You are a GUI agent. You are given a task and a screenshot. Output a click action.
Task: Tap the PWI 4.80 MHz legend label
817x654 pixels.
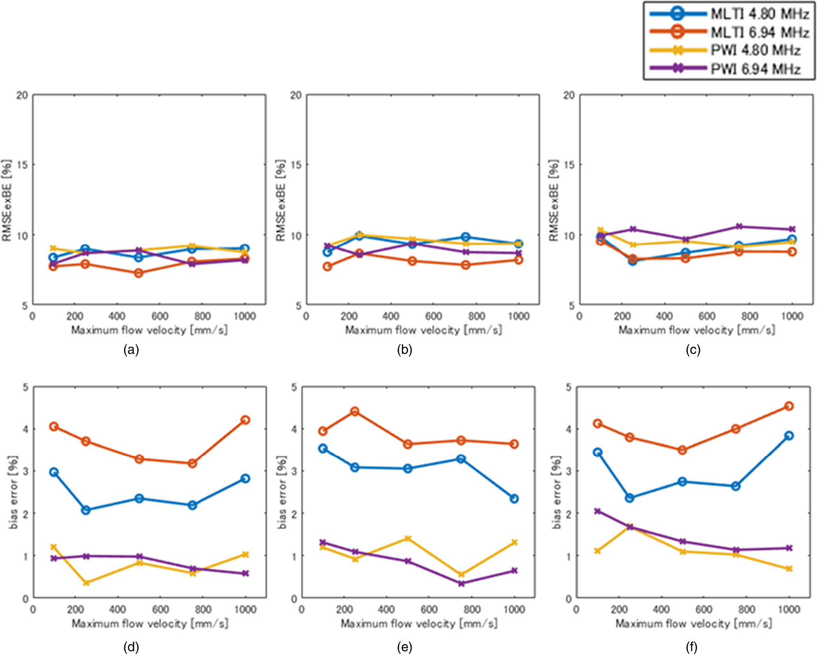755,50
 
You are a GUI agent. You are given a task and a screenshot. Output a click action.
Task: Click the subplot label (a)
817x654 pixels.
131,350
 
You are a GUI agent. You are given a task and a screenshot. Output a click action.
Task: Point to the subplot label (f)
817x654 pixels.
691,647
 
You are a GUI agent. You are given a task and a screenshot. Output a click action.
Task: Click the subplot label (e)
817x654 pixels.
404,647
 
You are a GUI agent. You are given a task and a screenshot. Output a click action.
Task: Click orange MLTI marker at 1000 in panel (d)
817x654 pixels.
245,420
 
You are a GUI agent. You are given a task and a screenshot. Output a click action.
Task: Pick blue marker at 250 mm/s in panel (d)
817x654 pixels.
86,510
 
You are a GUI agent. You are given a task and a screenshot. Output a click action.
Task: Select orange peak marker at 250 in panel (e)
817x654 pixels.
355,411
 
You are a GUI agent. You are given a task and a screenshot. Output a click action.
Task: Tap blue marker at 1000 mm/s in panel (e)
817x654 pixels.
514,498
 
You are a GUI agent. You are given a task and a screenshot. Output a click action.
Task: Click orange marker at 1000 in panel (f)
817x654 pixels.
789,406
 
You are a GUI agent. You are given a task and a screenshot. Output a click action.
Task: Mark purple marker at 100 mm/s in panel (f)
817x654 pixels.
597,511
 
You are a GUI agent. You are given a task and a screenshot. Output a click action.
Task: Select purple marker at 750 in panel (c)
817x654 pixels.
739,226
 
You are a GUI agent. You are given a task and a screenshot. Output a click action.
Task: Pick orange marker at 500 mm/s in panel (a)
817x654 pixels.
138,273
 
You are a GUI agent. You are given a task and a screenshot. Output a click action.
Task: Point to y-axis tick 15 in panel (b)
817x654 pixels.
296,165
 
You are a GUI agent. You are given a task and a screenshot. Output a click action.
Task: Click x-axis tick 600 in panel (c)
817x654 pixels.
707,316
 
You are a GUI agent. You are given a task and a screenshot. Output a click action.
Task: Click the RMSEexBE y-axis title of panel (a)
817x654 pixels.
7,201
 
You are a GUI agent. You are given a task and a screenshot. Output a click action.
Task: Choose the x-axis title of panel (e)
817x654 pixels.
419,623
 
